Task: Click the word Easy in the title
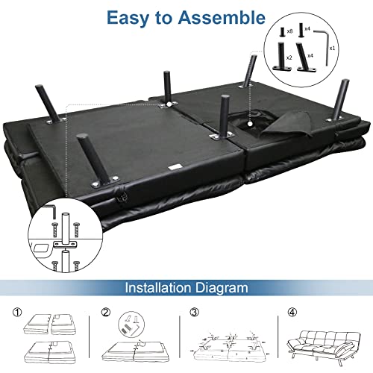pos(128,18)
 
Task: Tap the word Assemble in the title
pos(222,17)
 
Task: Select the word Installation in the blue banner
pos(158,288)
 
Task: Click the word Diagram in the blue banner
pos(222,289)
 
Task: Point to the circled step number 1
pos(17,312)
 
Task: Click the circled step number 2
pos(106,312)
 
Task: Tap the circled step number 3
pos(195,312)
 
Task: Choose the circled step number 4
pos(292,312)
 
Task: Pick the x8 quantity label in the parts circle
pos(289,31)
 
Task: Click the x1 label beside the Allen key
pos(332,48)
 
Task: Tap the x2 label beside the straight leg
pos(289,57)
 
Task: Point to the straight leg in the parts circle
pos(281,56)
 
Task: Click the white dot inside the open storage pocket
pos(250,123)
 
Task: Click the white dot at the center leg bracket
pos(169,104)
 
